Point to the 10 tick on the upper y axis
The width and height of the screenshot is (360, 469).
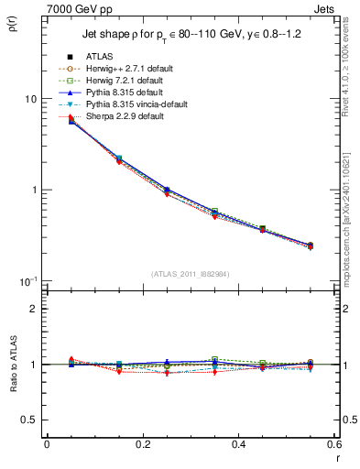tap(30, 99)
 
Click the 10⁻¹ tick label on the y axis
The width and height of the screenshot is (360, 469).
tap(27, 279)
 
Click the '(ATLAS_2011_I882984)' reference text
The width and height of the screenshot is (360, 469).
tap(191, 275)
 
